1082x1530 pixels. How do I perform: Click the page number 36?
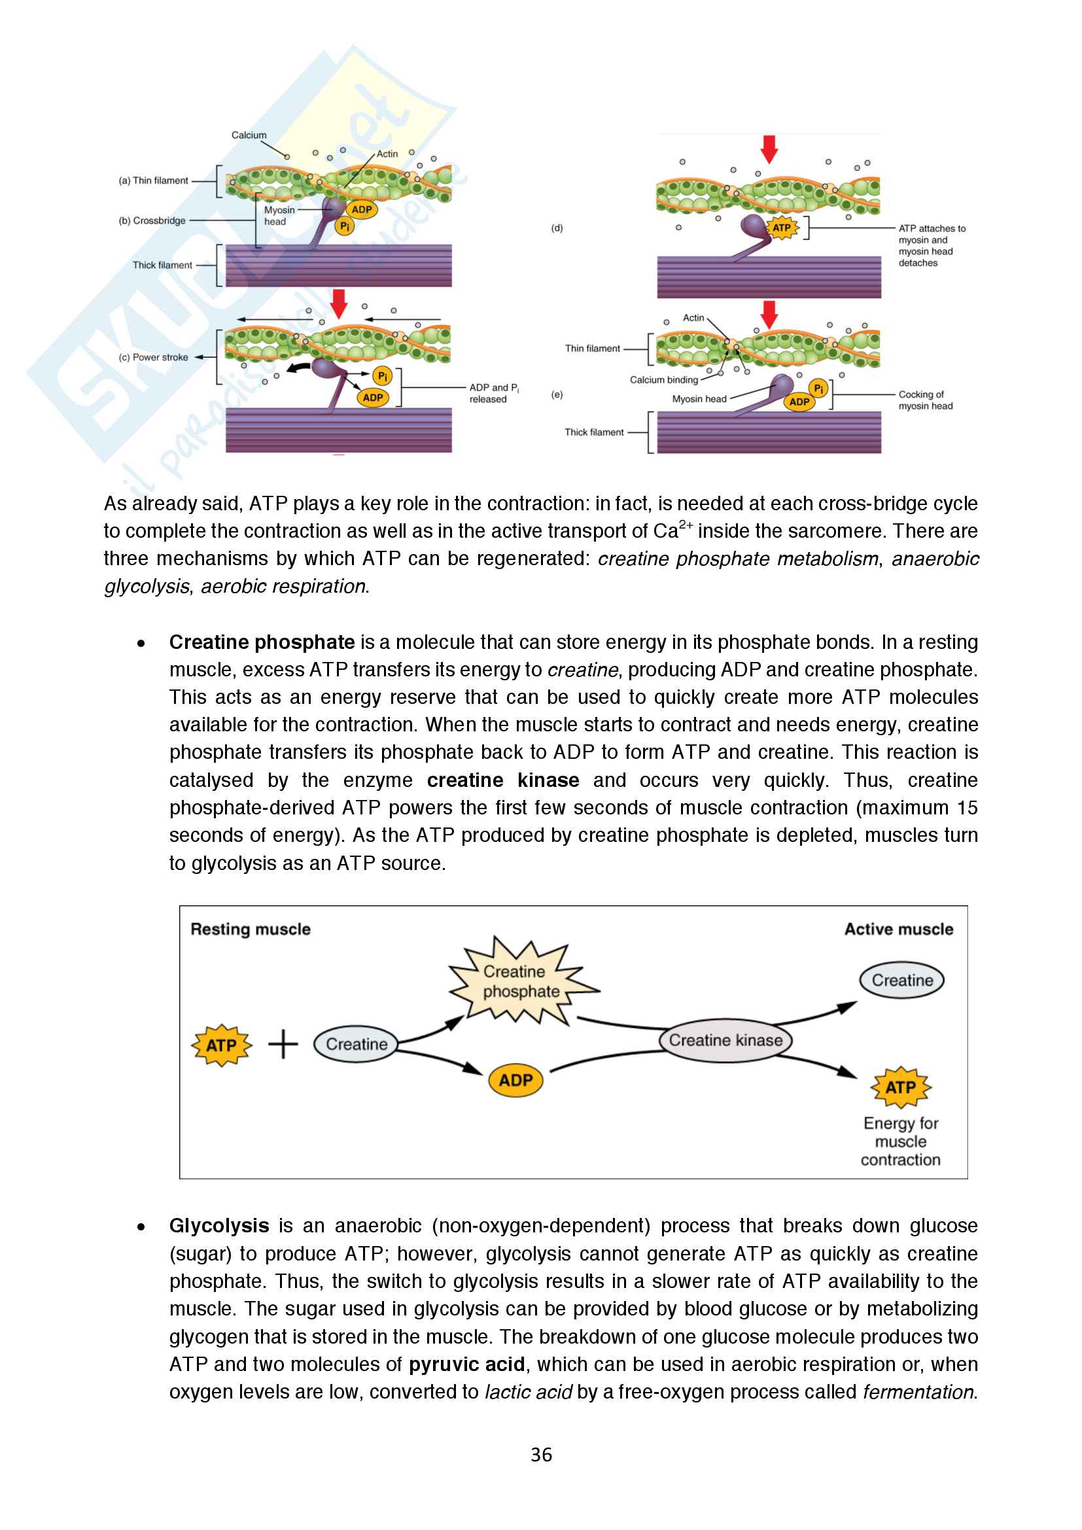pyautogui.click(x=541, y=1454)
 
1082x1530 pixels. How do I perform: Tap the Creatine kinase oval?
pyautogui.click(x=725, y=1040)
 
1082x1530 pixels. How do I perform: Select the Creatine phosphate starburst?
pyautogui.click(x=521, y=982)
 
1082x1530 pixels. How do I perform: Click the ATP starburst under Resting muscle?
pyautogui.click(x=221, y=1045)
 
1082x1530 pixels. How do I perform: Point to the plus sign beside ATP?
pyautogui.click(x=283, y=1044)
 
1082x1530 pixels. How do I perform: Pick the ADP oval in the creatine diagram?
pyautogui.click(x=515, y=1080)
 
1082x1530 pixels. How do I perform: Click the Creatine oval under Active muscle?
pyautogui.click(x=902, y=981)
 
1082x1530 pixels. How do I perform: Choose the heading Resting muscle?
pyautogui.click(x=251, y=930)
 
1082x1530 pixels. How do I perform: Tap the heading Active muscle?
pyautogui.click(x=898, y=930)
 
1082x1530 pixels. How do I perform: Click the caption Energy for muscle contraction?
pyautogui.click(x=900, y=1141)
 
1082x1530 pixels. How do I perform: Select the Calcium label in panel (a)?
pyautogui.click(x=249, y=135)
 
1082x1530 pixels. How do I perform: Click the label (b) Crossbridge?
pyautogui.click(x=152, y=220)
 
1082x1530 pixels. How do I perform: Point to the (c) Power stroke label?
pyautogui.click(x=153, y=357)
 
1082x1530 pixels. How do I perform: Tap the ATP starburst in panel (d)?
pyautogui.click(x=781, y=228)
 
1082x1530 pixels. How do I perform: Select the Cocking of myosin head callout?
pyautogui.click(x=925, y=400)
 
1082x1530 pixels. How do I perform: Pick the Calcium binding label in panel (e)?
pyautogui.click(x=663, y=380)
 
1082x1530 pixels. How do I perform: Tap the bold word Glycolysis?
pyautogui.click(x=219, y=1226)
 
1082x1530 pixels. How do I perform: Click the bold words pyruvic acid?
pyautogui.click(x=466, y=1365)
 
